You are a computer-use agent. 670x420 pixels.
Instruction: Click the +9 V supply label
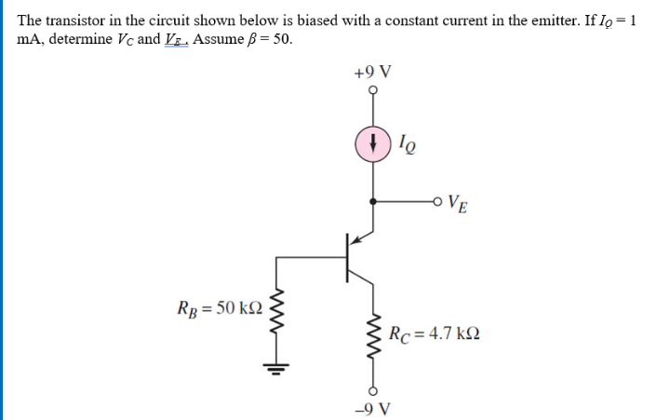click(373, 71)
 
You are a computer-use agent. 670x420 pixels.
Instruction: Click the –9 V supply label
click(374, 407)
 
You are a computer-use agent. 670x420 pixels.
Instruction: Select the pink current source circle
click(373, 143)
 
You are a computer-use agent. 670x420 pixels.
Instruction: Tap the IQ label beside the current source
click(406, 144)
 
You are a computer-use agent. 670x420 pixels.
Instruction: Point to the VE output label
click(458, 202)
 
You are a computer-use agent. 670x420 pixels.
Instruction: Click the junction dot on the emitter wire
click(373, 200)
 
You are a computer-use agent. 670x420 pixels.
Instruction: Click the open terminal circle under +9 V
click(373, 90)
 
